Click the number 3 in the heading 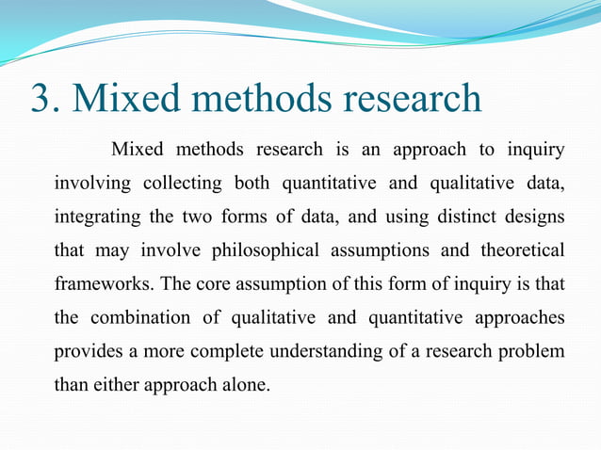(x=41, y=99)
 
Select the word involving (x=94, y=183)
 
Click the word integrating (x=98, y=217)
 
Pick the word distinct (x=455, y=217)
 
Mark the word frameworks (x=98, y=284)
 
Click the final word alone (x=248, y=385)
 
